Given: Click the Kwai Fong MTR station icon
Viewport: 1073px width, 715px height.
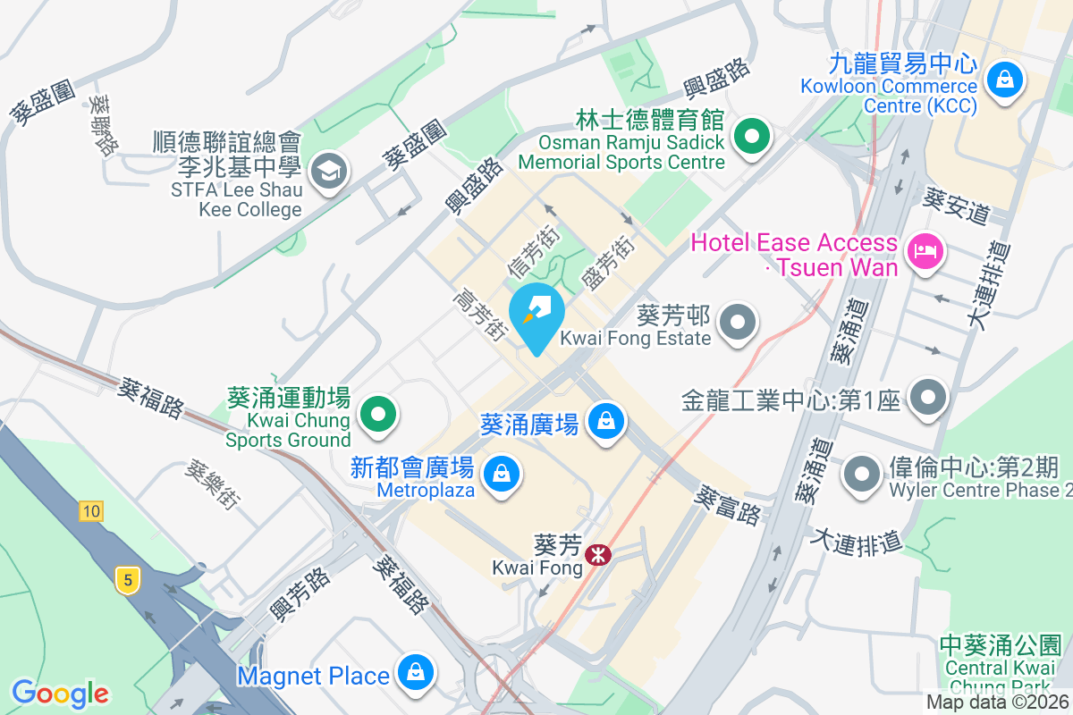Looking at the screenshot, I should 597,555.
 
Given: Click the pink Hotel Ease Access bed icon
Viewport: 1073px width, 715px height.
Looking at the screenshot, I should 925,250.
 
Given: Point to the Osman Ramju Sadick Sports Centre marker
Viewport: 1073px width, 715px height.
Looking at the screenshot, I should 752,138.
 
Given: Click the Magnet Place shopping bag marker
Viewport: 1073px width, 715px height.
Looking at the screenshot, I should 415,673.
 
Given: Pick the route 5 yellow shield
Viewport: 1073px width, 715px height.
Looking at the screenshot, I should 128,580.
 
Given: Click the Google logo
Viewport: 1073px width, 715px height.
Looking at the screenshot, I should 60,693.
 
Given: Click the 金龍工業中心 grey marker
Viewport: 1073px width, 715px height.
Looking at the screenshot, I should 929,399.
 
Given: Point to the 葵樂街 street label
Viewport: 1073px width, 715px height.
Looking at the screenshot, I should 212,484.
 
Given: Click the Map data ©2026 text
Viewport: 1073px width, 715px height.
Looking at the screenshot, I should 997,702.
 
